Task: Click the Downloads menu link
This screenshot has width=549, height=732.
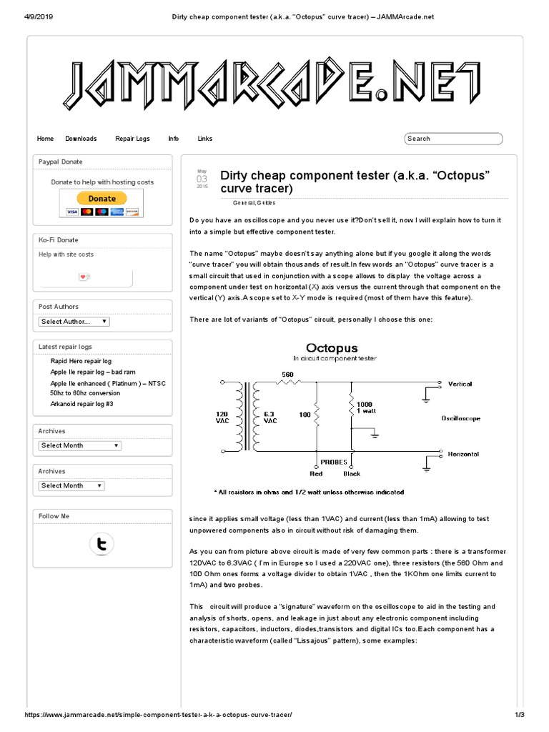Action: tap(81, 139)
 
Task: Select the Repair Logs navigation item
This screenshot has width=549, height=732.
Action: tap(132, 139)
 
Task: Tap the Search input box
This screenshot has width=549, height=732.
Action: tap(453, 139)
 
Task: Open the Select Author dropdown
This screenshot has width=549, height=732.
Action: tap(74, 322)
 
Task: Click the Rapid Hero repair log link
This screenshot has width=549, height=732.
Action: tap(81, 362)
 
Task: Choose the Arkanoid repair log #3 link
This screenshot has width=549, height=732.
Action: tap(81, 404)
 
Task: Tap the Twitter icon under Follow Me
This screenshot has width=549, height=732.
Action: tap(102, 545)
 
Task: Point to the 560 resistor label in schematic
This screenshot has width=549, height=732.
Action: tap(287, 375)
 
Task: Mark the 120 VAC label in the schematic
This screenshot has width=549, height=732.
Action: tap(223, 417)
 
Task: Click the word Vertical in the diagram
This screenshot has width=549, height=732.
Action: tap(460, 385)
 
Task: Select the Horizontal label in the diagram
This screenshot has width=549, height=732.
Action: tap(463, 454)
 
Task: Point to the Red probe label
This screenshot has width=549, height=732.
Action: tap(316, 473)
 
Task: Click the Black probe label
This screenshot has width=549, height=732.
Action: tap(352, 473)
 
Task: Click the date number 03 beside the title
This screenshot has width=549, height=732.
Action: tap(202, 179)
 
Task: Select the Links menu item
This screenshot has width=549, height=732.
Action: tap(205, 139)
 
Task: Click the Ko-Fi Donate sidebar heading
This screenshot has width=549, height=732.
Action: tap(59, 240)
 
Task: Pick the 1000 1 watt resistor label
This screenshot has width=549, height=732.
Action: tap(365, 407)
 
